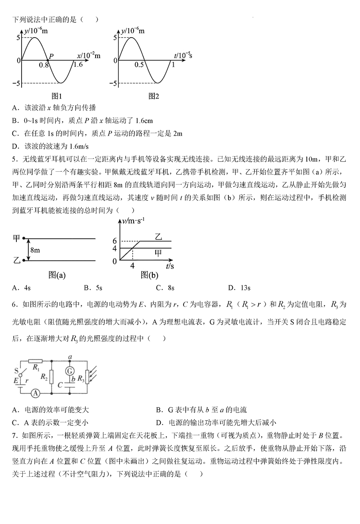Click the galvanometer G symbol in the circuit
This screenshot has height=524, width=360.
click(x=70, y=370)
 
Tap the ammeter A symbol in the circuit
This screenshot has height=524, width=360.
click(x=35, y=394)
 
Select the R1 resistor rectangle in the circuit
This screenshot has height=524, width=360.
click(x=36, y=361)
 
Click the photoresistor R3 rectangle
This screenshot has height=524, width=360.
click(x=87, y=377)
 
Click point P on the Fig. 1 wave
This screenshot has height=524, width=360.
click(x=47, y=60)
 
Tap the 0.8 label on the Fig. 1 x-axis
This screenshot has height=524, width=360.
click(x=45, y=65)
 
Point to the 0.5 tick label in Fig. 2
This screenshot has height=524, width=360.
click(x=139, y=65)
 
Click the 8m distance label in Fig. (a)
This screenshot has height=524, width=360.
click(x=35, y=250)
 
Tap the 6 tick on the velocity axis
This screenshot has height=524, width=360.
click(x=114, y=241)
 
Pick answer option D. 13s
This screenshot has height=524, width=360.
click(x=239, y=287)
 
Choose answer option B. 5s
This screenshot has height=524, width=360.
click(x=93, y=287)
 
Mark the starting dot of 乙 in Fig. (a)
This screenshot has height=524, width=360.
click(x=24, y=261)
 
